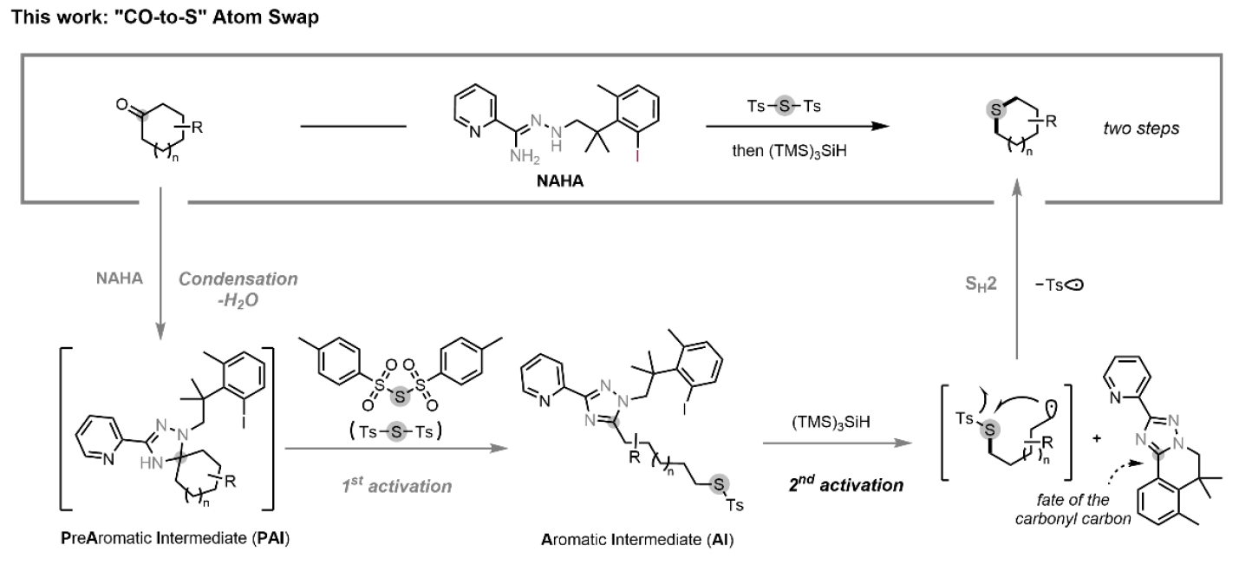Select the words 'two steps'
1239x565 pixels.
click(x=1128, y=128)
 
